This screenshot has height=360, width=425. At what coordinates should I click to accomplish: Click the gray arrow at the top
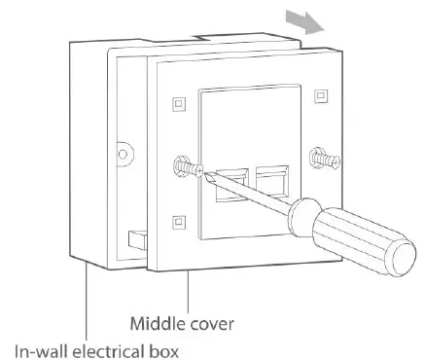[x=307, y=21]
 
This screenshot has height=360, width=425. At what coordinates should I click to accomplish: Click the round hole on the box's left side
[x=122, y=153]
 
